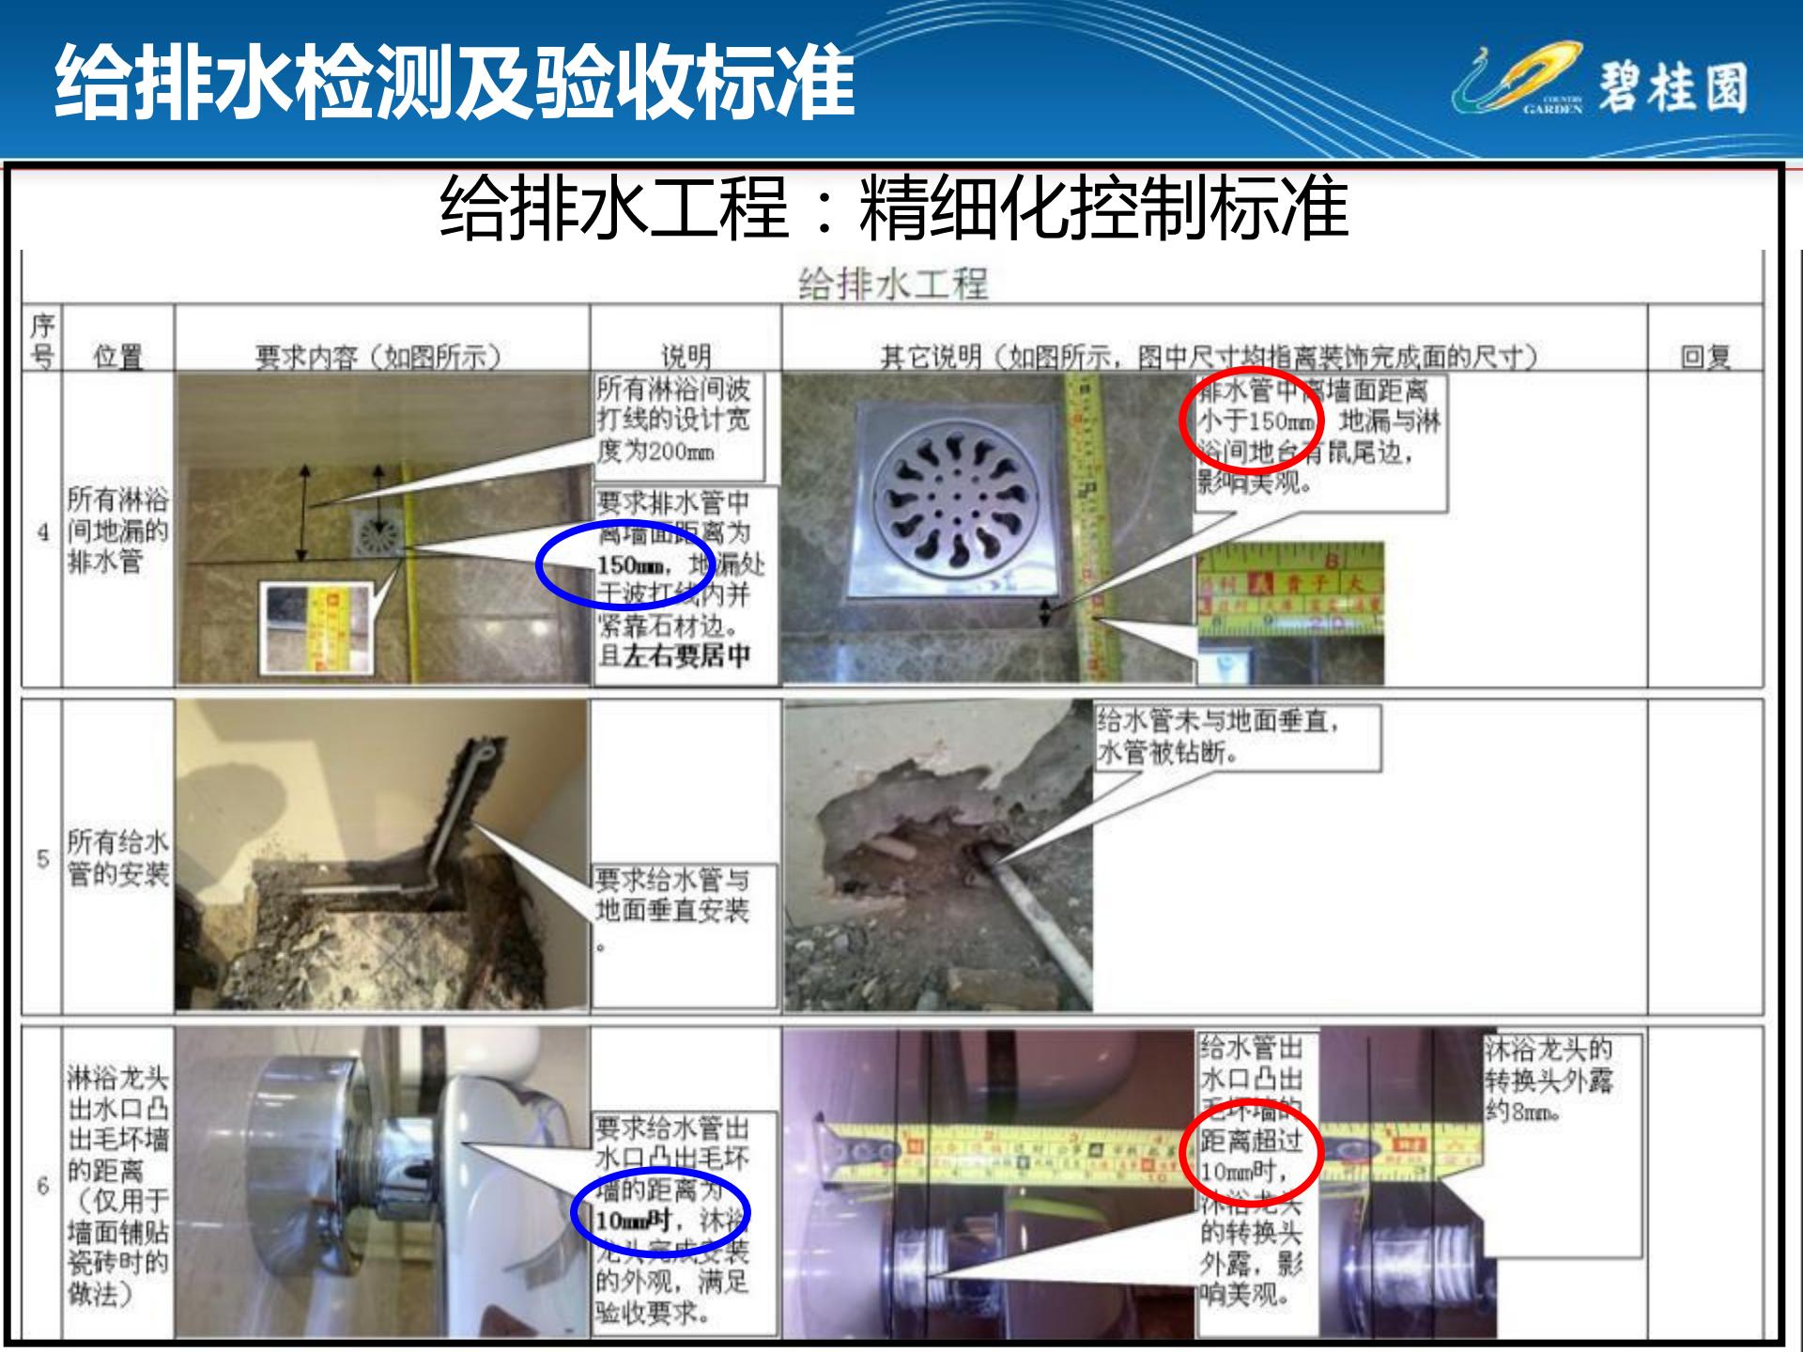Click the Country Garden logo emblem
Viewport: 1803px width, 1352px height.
point(1517,80)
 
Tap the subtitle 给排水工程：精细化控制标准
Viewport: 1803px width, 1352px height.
point(893,207)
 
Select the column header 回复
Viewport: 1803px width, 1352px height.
point(1704,357)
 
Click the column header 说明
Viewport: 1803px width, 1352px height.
point(686,357)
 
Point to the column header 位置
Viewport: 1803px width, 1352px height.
point(117,357)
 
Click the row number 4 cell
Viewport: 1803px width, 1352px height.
point(42,532)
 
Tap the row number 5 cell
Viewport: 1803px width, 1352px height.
point(42,858)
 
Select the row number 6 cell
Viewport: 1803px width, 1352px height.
point(42,1186)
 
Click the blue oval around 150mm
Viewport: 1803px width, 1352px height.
point(626,563)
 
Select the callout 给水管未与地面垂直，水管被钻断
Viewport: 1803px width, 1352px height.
point(1238,738)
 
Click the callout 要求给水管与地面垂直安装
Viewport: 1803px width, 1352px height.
point(684,909)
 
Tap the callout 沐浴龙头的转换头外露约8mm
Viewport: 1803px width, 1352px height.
point(1561,1080)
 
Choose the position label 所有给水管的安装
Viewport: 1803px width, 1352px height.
point(117,858)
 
